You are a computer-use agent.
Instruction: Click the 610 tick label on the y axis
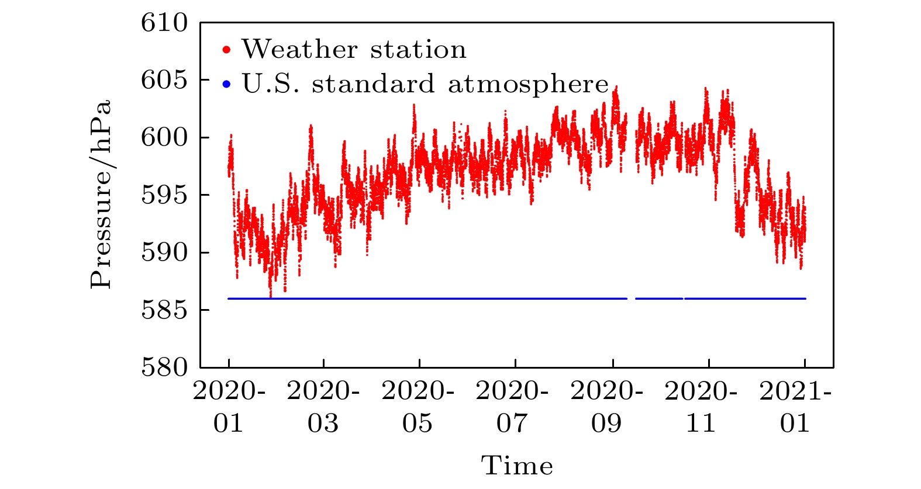(x=165, y=23)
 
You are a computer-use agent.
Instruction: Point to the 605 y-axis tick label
(x=165, y=80)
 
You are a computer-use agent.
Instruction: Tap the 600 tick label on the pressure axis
(x=165, y=137)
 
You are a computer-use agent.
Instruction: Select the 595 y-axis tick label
(x=165, y=195)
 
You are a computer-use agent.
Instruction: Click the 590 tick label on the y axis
(x=165, y=252)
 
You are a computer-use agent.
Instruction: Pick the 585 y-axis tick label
(x=165, y=310)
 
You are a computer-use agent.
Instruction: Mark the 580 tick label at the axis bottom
(x=165, y=367)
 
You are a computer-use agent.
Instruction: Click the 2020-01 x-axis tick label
(x=229, y=407)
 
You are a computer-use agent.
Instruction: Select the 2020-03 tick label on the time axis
(x=323, y=407)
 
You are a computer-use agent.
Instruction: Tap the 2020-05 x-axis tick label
(x=418, y=407)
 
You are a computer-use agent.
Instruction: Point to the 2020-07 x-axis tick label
(x=513, y=407)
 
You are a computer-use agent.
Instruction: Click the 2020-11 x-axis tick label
(x=702, y=407)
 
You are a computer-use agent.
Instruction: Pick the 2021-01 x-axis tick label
(x=796, y=407)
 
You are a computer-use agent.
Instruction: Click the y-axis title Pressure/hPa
(x=101, y=195)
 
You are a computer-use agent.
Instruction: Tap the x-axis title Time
(x=517, y=466)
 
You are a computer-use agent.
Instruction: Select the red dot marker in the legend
(x=227, y=50)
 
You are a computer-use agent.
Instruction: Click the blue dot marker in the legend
(x=227, y=85)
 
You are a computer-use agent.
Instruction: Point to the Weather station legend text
(x=354, y=50)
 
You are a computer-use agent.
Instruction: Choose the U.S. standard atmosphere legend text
(x=425, y=84)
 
